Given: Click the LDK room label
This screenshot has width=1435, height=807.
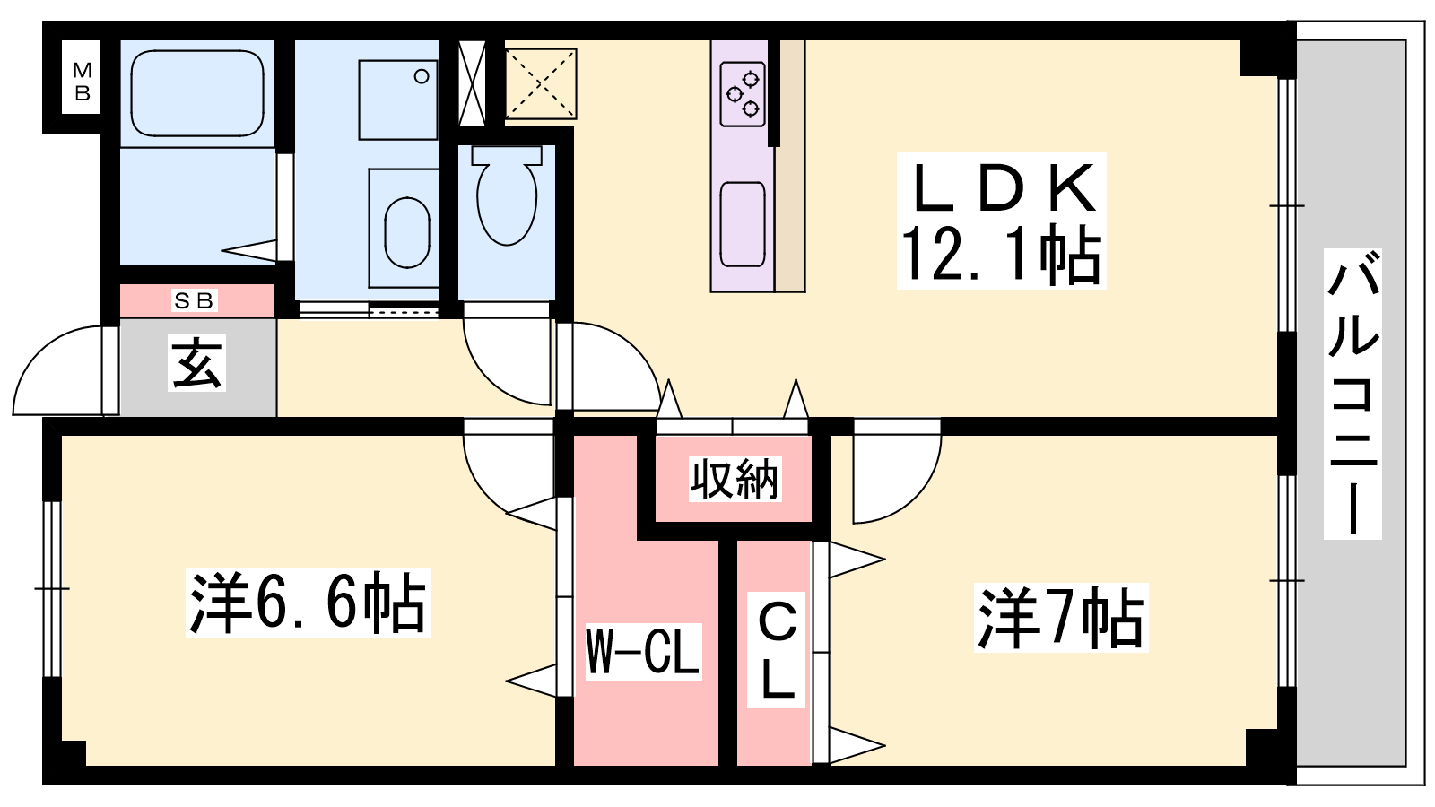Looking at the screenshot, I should click(x=1002, y=188).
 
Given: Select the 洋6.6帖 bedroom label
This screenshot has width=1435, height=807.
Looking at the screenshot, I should click(x=308, y=603).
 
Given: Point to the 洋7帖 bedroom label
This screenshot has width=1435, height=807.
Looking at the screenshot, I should click(x=1061, y=618).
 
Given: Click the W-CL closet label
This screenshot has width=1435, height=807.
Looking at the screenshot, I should click(x=642, y=651).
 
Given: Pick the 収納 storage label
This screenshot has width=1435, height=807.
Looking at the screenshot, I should click(x=735, y=479).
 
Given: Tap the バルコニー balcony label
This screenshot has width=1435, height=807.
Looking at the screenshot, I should click(x=1352, y=395).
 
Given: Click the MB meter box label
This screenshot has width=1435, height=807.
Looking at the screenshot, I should click(x=83, y=81).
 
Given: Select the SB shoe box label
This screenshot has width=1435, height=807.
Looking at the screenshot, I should click(x=195, y=301).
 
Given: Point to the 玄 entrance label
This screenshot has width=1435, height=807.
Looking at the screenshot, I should click(x=196, y=363).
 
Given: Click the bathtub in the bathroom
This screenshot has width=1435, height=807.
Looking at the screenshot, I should click(x=197, y=93).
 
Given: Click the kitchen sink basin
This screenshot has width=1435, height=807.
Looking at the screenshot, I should click(x=743, y=224).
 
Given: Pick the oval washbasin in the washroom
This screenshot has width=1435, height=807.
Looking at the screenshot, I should click(x=406, y=231).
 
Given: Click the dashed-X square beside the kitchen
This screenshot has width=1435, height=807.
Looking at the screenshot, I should click(x=540, y=83).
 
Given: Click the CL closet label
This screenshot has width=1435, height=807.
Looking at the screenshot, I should click(x=778, y=651).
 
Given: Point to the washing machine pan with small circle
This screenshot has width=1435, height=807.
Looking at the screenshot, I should click(x=398, y=100).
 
